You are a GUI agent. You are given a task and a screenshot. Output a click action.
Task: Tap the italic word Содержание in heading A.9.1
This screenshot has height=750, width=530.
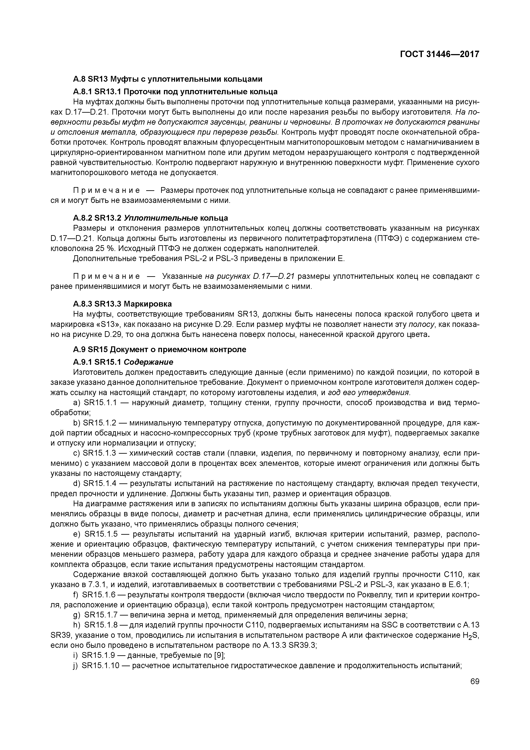click(148, 362)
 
